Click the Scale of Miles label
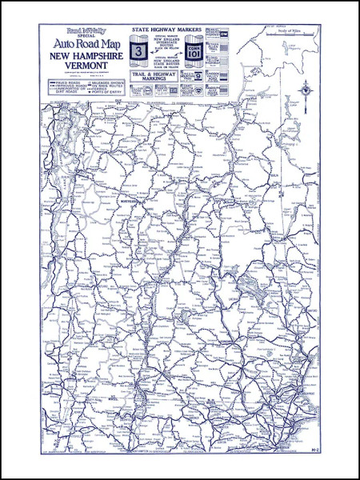294,30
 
